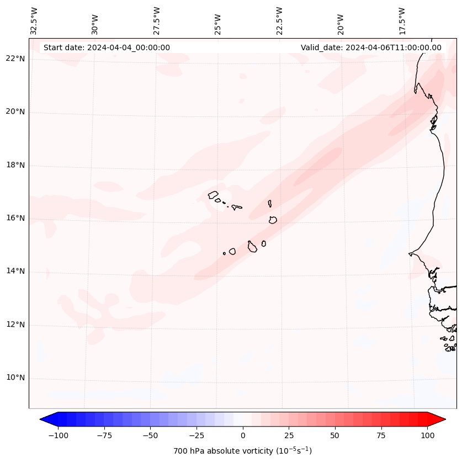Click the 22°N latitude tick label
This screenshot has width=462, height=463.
pos(15,58)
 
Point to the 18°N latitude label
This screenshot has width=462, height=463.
pos(15,165)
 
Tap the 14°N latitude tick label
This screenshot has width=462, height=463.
pos(15,272)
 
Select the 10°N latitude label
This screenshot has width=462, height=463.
pos(15,378)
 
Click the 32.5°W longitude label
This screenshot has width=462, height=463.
pos(34,21)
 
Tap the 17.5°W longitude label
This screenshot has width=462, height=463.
pos(401,21)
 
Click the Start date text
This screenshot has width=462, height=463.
pos(107,47)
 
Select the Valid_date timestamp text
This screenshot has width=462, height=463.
pos(371,47)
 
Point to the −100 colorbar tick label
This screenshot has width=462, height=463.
pos(58,435)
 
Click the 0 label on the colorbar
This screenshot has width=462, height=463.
pos(242,435)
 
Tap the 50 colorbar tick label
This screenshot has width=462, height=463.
pos(335,435)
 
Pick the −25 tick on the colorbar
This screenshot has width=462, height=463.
pos(197,435)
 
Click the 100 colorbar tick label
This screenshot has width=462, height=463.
pos(427,435)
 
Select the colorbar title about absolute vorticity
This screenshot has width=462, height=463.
pos(242,451)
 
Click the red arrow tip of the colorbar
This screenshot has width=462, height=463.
pos(442,420)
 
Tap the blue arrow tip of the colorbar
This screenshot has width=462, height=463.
pos(44,420)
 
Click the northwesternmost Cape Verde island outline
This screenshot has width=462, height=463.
pos(213,194)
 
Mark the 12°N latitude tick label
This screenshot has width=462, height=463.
pos(15,324)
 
